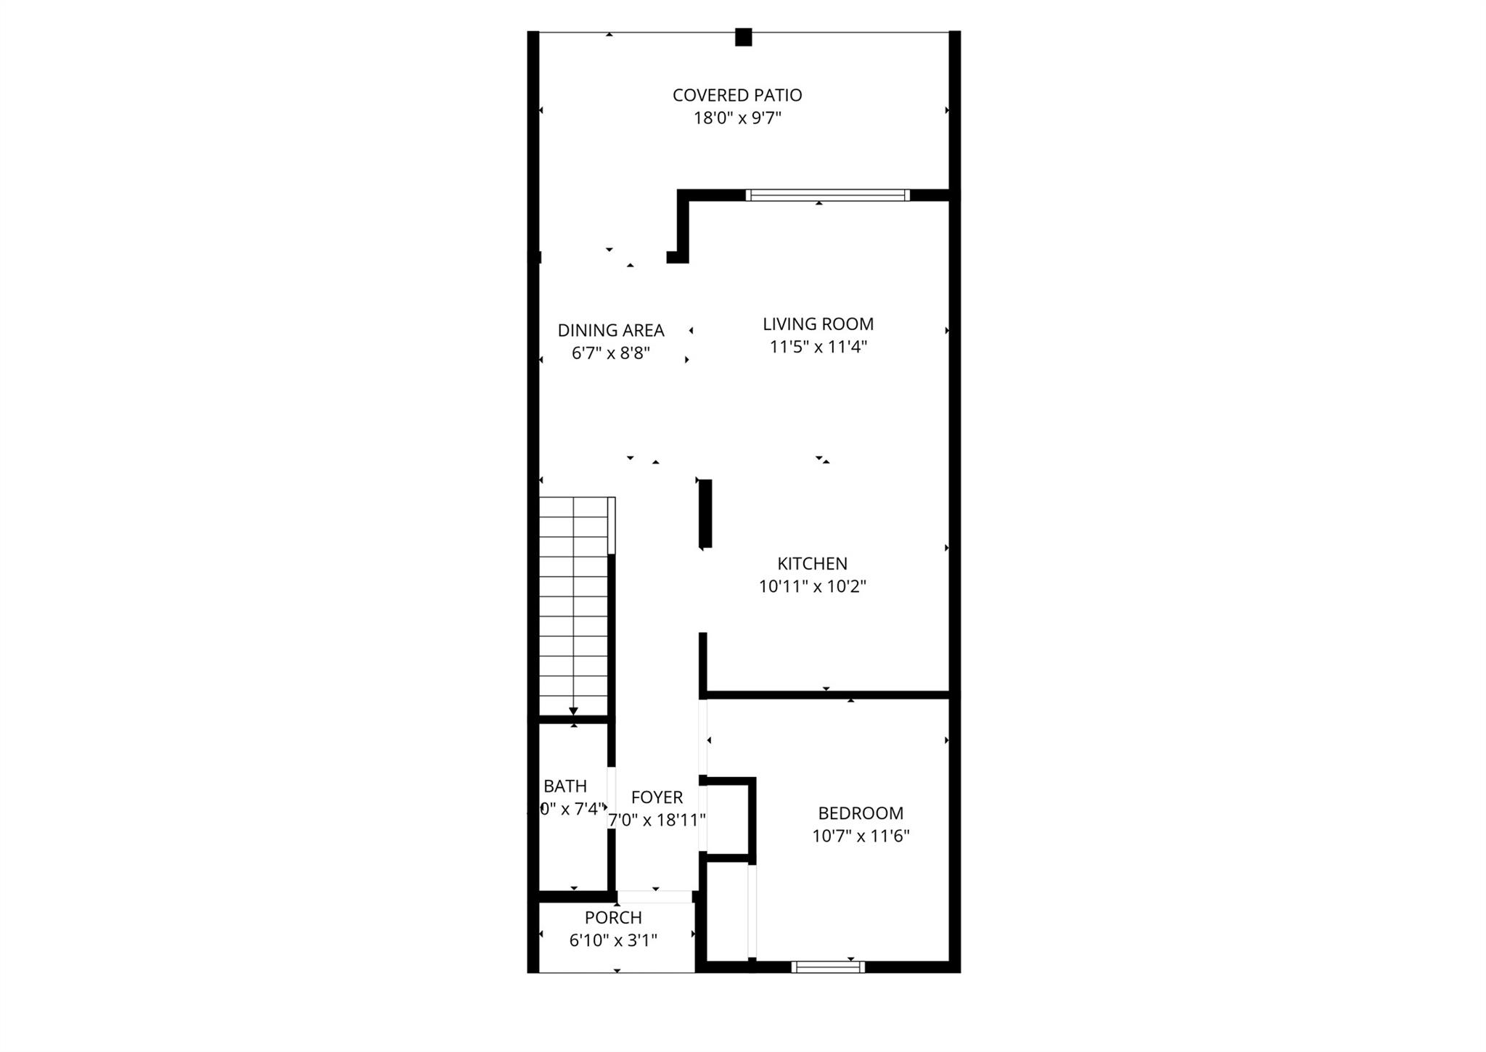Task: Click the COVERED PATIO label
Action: point(737,95)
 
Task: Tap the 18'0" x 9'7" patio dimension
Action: point(737,118)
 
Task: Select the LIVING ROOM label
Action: point(818,324)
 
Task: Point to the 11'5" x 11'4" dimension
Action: point(818,347)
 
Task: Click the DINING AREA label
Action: point(611,331)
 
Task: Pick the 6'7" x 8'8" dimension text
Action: point(611,353)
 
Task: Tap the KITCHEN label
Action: point(812,564)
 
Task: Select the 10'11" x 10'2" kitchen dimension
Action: point(812,586)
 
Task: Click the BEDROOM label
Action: point(861,813)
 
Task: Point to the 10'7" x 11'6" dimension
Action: point(861,837)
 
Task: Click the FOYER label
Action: point(657,797)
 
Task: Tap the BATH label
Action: point(565,786)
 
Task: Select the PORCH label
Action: point(613,918)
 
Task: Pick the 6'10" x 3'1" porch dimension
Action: point(613,941)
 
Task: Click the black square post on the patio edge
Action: point(743,37)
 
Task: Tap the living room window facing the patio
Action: point(827,195)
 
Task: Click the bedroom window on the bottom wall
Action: point(828,966)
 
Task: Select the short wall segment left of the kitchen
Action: point(705,513)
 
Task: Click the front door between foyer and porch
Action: point(655,897)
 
